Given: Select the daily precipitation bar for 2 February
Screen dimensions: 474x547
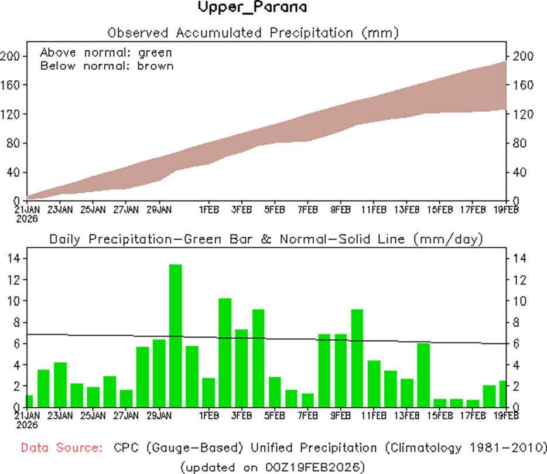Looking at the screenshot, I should click(x=225, y=352).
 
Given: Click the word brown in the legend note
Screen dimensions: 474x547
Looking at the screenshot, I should click(x=155, y=66).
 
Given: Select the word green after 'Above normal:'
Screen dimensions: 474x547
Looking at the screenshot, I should click(x=155, y=53).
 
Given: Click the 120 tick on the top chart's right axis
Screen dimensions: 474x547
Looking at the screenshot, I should click(x=522, y=114).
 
